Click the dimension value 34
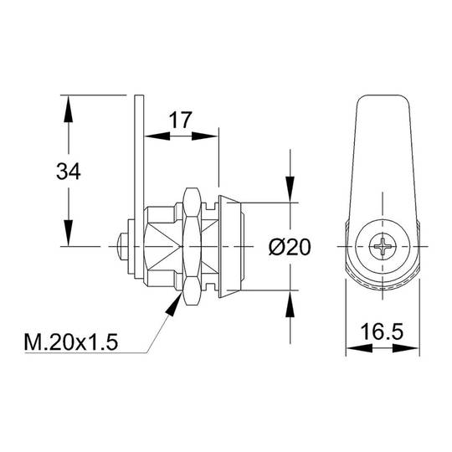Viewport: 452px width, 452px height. [x=69, y=172]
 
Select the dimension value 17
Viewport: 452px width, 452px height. [x=180, y=120]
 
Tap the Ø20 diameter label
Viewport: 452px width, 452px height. [x=290, y=247]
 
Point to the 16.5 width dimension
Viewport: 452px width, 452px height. [x=382, y=331]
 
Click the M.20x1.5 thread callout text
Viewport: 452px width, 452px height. [x=71, y=342]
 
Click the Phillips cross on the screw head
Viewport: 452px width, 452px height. [x=383, y=246]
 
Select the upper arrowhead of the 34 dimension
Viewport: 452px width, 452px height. [x=69, y=110]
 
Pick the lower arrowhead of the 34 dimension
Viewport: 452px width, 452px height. [x=69, y=233]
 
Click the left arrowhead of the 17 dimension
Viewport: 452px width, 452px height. [x=157, y=136]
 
